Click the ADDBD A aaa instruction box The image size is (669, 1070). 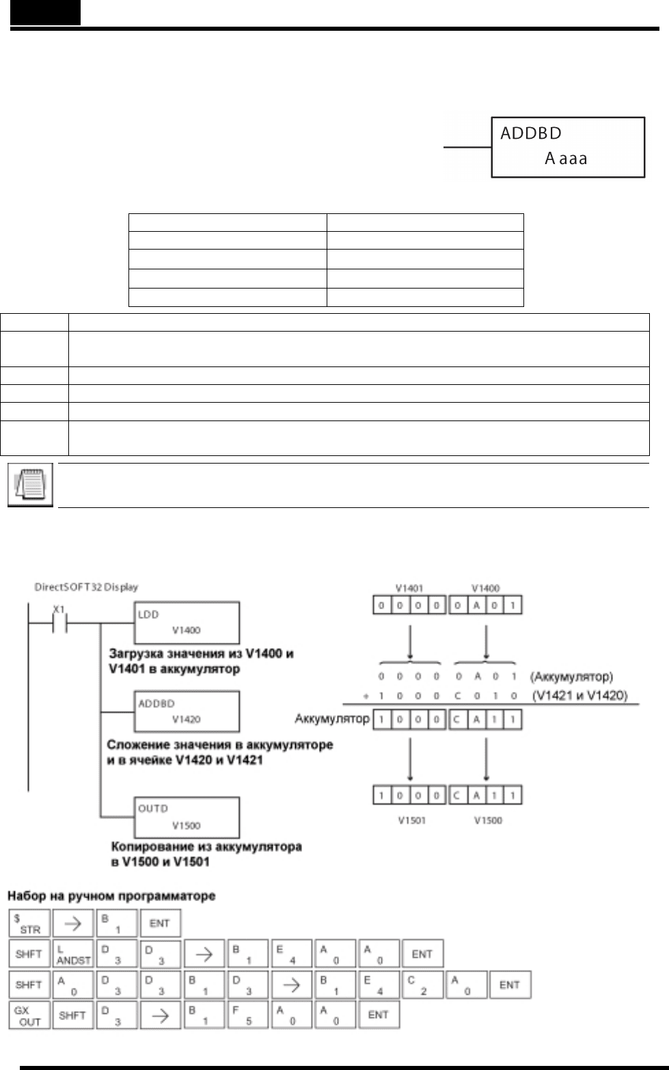(x=568, y=148)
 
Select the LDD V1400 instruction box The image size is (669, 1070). (x=185, y=622)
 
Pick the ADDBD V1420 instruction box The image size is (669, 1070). (x=185, y=711)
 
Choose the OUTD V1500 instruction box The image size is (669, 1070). (x=185, y=817)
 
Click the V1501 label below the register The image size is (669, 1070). (x=412, y=820)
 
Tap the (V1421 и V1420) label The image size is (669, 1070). (x=579, y=696)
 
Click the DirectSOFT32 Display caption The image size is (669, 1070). (x=86, y=587)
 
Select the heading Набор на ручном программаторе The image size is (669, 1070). (x=111, y=896)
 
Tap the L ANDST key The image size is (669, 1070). (x=74, y=954)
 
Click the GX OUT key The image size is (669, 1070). (x=29, y=1015)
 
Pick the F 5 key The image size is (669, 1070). (x=248, y=1015)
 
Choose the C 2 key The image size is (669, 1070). (x=423, y=985)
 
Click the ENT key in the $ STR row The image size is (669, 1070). (x=160, y=923)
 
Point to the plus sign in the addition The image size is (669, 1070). (x=368, y=696)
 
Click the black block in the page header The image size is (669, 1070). (x=45, y=12)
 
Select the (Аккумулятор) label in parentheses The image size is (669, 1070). (x=571, y=677)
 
